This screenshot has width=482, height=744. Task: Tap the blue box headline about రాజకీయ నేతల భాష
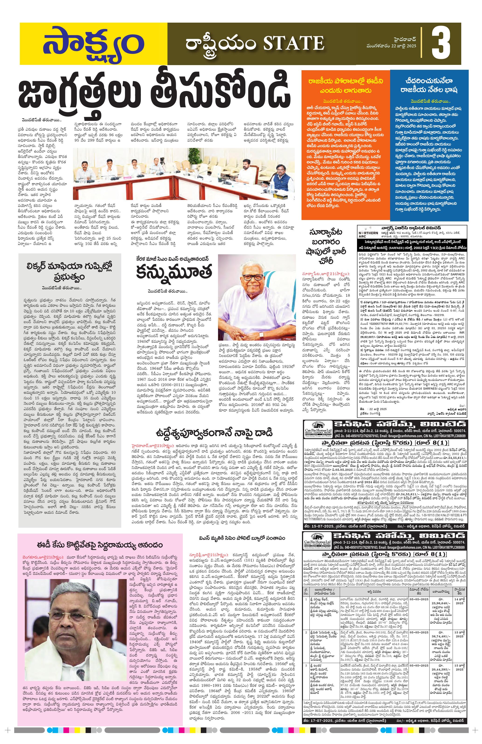pyautogui.click(x=430, y=86)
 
